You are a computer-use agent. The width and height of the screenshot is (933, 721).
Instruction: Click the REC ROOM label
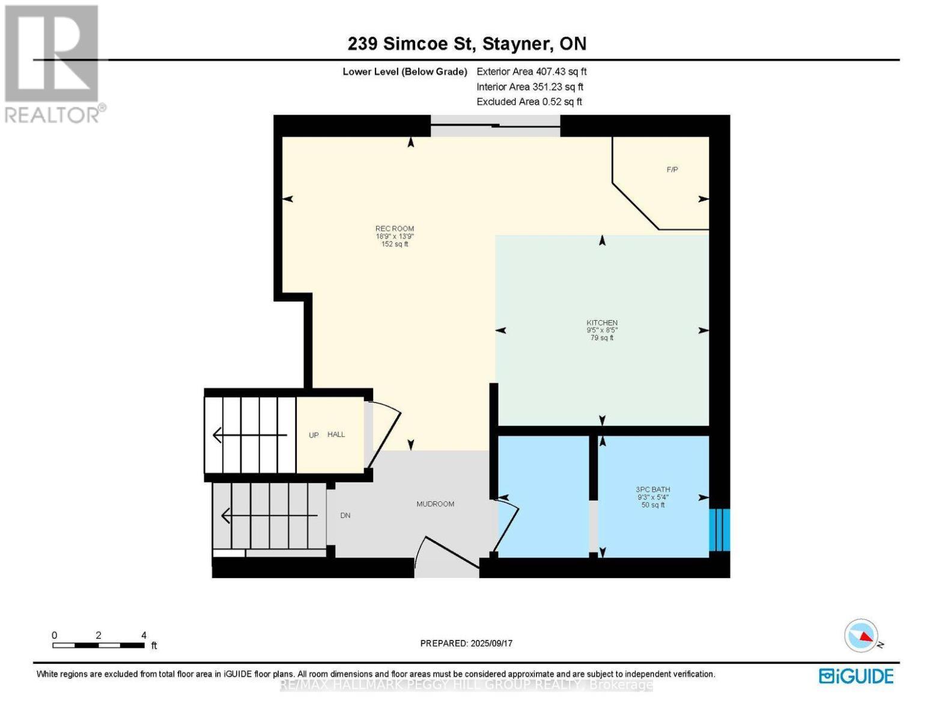395,229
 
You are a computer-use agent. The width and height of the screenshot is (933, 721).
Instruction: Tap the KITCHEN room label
602,323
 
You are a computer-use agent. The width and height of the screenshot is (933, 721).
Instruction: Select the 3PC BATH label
653,490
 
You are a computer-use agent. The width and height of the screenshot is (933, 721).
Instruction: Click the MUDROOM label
435,504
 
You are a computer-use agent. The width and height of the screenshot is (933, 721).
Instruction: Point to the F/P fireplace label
672,170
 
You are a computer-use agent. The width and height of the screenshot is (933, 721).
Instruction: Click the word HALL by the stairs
336,434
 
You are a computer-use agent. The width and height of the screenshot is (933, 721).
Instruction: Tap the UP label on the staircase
314,435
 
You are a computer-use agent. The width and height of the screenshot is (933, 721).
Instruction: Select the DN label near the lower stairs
345,516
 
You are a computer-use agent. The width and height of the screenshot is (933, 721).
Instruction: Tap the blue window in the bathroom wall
719,530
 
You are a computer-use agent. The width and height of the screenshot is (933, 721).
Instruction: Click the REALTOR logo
53,64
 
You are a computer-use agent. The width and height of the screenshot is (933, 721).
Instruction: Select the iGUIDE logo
856,676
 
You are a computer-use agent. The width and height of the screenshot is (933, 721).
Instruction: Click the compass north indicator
862,636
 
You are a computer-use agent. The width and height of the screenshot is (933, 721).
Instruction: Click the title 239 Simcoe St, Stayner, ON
467,44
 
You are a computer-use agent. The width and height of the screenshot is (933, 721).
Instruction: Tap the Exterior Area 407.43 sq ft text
531,71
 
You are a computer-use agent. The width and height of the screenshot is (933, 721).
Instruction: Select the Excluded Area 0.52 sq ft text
529,102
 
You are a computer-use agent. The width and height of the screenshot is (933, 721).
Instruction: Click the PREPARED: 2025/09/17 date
466,643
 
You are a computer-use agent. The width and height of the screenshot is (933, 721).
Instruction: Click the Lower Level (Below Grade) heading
404,71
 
